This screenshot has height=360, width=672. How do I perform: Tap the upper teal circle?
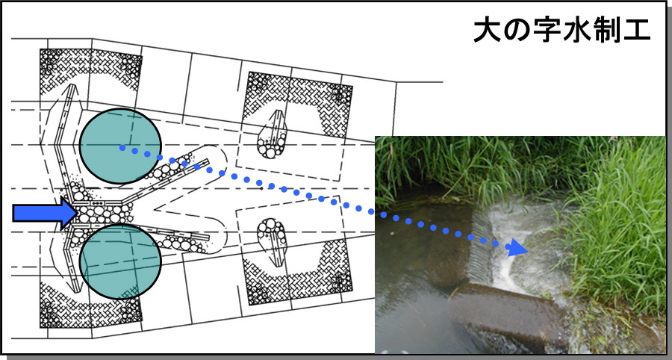pos(120,146)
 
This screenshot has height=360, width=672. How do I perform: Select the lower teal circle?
pos(120,261)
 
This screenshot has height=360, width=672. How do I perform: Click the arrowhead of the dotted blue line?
pos(517,248)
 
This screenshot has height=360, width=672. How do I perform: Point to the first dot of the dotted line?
pos(122,148)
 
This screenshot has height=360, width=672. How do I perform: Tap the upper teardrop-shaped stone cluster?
pos(272,135)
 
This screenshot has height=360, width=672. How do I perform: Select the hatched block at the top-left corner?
pos(91,70)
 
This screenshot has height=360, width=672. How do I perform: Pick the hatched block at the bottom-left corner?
pos(91,305)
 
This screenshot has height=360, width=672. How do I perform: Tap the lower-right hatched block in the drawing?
pos(297,272)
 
